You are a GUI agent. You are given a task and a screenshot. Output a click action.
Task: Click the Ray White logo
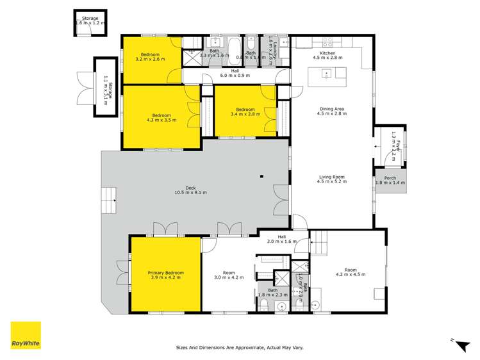26,336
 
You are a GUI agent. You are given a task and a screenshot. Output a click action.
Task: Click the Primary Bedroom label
165,275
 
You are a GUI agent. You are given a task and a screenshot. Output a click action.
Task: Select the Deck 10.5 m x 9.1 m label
191,190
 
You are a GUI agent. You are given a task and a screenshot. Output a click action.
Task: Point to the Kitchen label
327,54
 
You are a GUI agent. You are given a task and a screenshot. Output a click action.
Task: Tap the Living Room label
331,179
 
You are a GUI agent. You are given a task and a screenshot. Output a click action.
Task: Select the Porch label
390,181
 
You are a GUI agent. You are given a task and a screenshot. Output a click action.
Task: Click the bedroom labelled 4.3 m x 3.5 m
156,117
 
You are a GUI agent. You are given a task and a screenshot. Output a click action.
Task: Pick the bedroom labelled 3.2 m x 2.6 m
151,57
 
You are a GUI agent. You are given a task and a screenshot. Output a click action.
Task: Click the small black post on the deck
261,176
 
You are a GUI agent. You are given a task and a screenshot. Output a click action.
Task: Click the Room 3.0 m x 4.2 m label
228,275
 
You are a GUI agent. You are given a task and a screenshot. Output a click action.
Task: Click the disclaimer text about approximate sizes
240,348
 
